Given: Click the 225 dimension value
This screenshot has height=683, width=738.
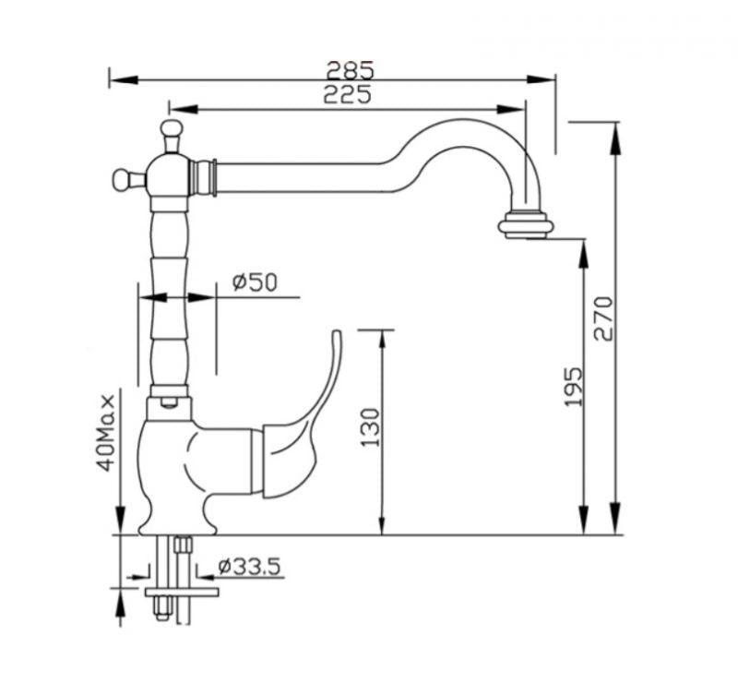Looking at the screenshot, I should click(x=348, y=94).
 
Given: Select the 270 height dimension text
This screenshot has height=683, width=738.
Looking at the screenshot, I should click(x=602, y=318).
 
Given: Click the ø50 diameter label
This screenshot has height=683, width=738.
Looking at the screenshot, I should click(x=255, y=282).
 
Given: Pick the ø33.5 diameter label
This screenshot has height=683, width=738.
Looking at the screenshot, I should click(x=250, y=566).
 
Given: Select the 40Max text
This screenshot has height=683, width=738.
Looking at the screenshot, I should click(x=109, y=433).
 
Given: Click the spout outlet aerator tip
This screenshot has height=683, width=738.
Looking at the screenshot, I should click(x=527, y=225).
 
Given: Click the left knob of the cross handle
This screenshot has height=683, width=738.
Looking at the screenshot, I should click(x=121, y=177).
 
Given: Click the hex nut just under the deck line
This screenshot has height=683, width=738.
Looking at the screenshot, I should click(x=183, y=545).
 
